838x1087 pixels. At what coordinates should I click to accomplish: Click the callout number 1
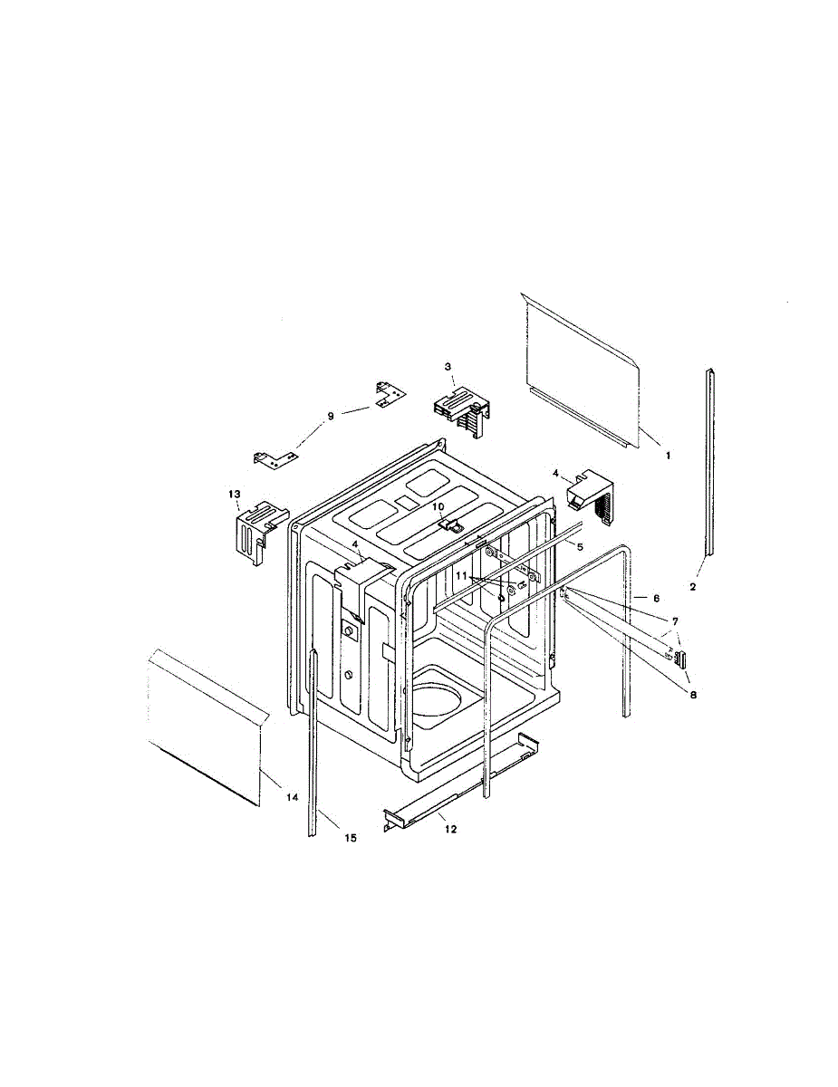point(668,456)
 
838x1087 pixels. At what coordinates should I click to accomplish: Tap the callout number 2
point(692,587)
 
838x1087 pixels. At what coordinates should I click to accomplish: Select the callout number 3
point(448,366)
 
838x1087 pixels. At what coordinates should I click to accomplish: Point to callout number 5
point(580,547)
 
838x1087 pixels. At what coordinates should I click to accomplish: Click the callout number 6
point(656,599)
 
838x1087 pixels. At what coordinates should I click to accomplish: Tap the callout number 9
point(331,416)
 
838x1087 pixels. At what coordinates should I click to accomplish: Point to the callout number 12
point(443,829)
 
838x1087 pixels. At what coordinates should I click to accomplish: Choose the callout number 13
point(234,494)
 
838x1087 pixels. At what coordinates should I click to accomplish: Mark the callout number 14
point(292,798)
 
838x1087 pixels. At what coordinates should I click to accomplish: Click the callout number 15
point(351,838)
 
